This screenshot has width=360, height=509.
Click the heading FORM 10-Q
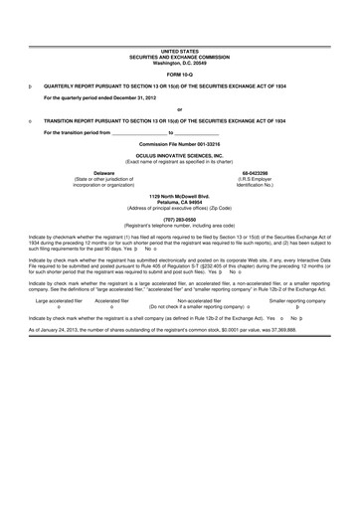pos(179,75)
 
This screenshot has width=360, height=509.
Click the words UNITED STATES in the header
pos(179,50)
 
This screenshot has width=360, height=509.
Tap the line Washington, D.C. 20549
pos(179,62)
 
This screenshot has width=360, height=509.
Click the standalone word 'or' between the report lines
pos(179,109)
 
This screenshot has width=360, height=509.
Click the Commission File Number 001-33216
pos(180,144)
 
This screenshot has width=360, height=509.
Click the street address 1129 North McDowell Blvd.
pos(180,197)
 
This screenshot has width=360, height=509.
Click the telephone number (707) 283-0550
pos(180,220)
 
